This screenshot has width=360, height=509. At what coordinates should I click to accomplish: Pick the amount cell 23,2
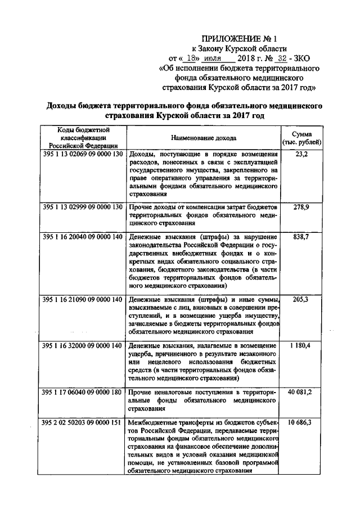click(x=301, y=154)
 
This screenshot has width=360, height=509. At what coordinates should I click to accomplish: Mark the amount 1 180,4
click(x=301, y=345)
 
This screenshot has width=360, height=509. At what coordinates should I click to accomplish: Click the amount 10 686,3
click(x=301, y=422)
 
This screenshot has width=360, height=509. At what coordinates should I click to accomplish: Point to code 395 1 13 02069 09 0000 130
click(x=82, y=154)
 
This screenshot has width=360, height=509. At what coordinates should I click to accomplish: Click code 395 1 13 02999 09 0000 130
click(x=82, y=207)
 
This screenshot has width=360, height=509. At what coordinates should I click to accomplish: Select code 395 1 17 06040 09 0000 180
click(x=82, y=391)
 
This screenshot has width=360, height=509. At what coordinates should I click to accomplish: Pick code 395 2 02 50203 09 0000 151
click(x=82, y=422)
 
